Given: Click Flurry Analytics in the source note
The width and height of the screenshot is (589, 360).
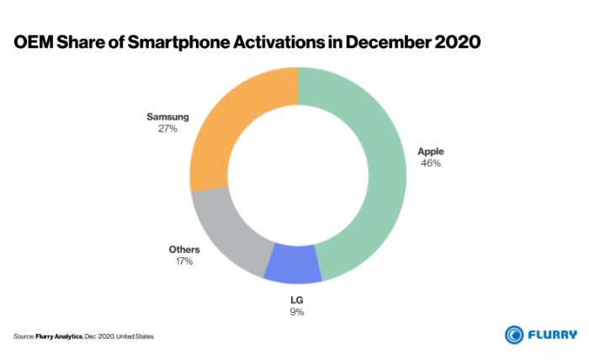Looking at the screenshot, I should pos(59,336).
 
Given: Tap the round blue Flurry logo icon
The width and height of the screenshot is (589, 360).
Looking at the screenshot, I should pos(514,334).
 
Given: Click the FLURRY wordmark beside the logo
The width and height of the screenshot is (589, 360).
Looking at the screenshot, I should pos(552,334).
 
